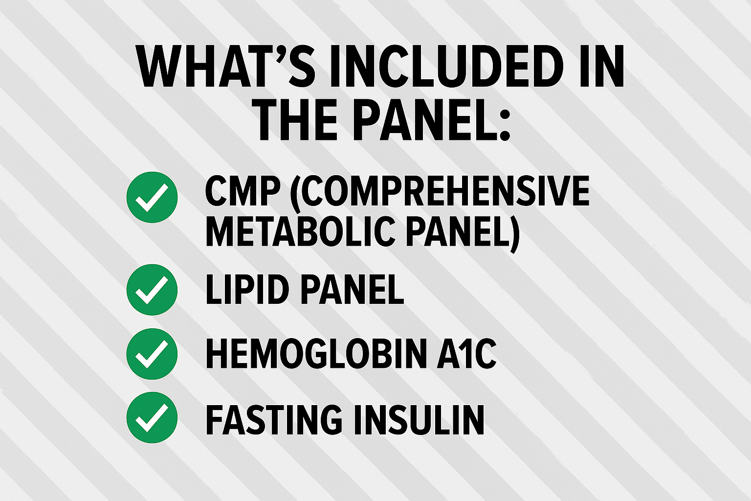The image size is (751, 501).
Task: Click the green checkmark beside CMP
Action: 152,197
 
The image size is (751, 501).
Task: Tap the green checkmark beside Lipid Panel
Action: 152,290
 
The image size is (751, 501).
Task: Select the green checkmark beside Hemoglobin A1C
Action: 152,354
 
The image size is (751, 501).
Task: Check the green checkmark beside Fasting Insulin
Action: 152,418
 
